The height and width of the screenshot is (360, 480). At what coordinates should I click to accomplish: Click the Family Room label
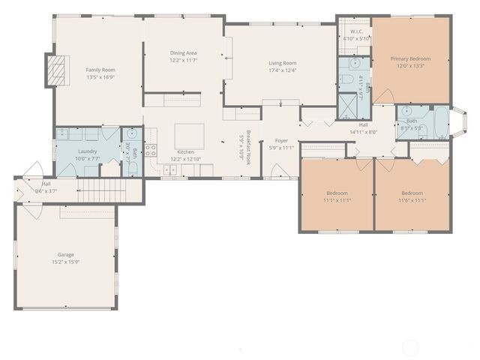100,70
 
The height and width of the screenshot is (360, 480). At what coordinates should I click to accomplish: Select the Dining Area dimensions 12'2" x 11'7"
183,60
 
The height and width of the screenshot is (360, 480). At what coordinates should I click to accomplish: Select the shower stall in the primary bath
347,104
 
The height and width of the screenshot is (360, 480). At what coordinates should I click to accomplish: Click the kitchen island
188,135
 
